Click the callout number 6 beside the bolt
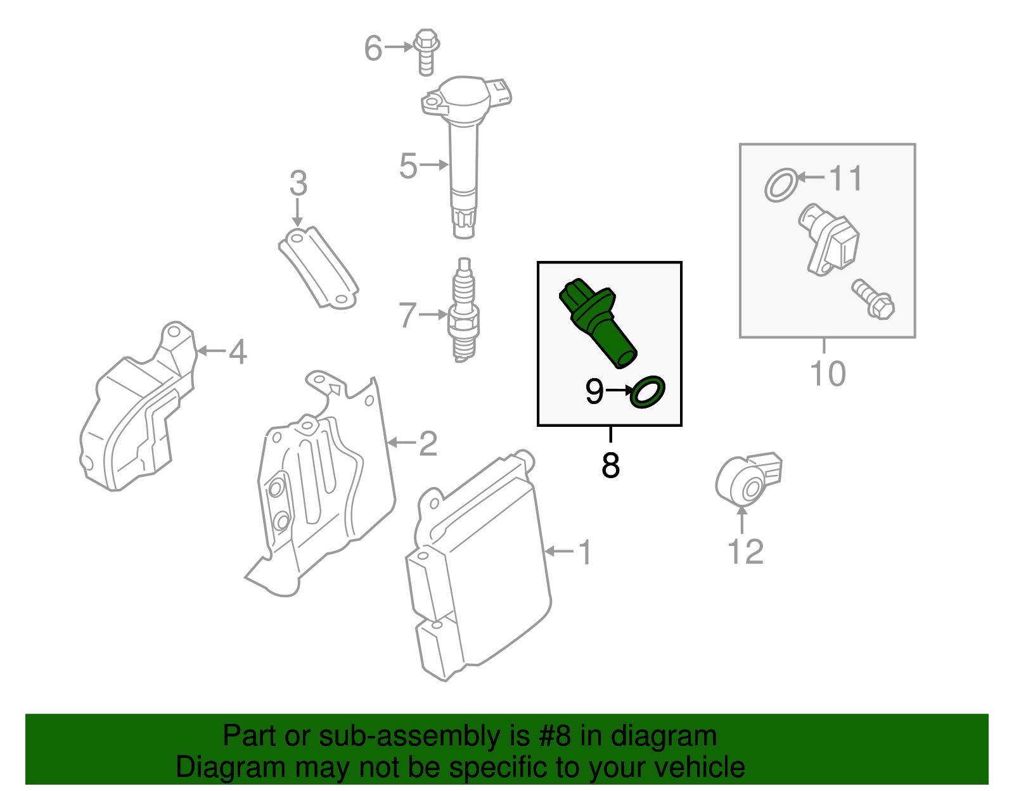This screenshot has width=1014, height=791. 373,48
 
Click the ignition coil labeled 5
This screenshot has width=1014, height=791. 463,152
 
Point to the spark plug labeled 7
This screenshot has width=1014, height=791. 465,310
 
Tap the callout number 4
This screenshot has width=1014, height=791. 238,351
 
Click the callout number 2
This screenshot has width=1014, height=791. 428,443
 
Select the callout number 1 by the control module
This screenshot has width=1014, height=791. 584,552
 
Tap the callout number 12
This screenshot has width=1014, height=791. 745,552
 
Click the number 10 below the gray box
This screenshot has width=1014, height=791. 827,374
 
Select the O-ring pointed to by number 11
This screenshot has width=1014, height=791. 780,185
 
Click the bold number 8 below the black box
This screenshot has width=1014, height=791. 610,466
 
